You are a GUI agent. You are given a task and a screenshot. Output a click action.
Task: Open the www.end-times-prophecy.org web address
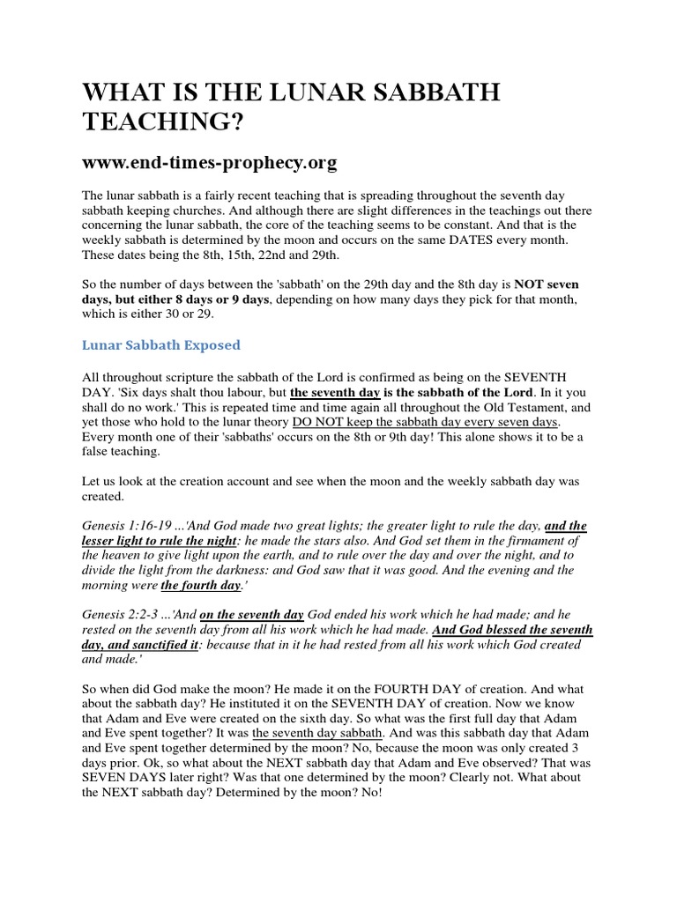(x=210, y=163)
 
